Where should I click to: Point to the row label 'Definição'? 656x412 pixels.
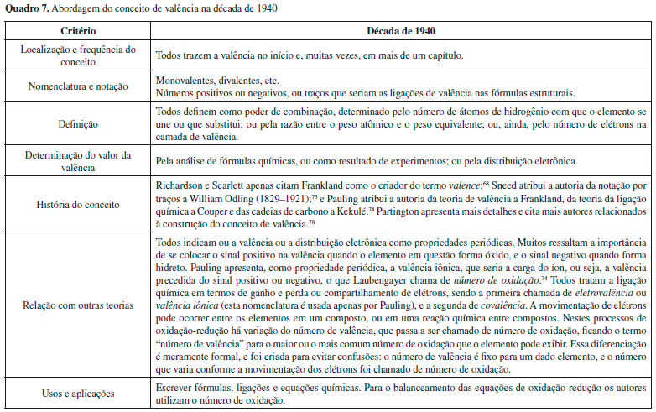[x=77, y=123]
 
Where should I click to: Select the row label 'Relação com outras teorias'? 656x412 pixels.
[x=77, y=305]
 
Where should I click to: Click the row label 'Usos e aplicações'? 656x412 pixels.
[x=77, y=393]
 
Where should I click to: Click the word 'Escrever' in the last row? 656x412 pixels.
[x=175, y=387]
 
